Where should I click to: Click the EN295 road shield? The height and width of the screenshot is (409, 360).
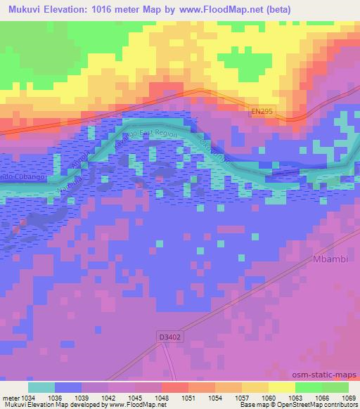pos(261,111)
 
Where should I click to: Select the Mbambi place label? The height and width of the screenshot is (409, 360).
pos(329,259)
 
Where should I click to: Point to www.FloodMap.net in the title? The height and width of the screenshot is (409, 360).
pos(215,9)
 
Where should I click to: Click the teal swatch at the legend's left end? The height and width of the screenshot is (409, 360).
pos(41,387)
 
